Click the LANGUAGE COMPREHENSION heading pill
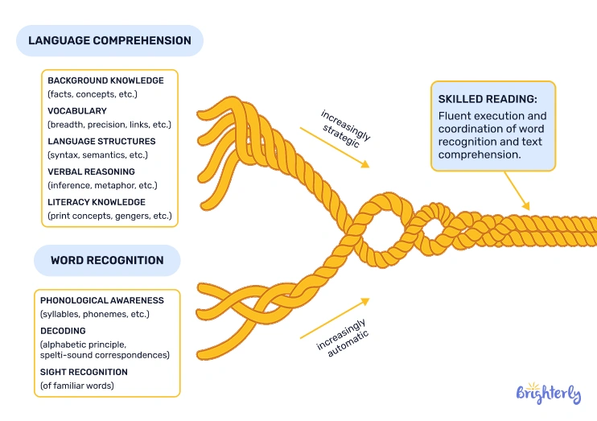click(x=109, y=40)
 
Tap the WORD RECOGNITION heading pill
click(x=107, y=261)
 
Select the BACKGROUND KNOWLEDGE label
click(x=105, y=80)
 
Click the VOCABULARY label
click(x=77, y=111)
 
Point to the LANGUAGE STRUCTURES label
click(x=101, y=141)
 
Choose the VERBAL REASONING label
click(x=91, y=171)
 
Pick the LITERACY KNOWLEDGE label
click(x=97, y=202)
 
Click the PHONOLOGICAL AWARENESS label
click(x=101, y=300)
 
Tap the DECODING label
click(x=63, y=331)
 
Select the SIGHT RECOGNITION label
click(x=84, y=372)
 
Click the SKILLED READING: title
click(x=488, y=99)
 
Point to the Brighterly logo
click(x=548, y=394)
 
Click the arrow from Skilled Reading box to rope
click(x=518, y=194)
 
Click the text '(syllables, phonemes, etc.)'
click(x=94, y=313)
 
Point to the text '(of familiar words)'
click(x=76, y=386)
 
